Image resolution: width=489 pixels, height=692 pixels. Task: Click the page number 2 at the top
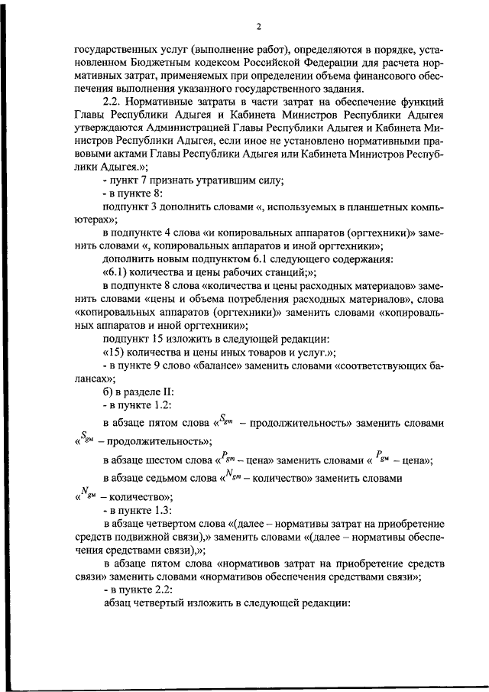pyautogui.click(x=259, y=28)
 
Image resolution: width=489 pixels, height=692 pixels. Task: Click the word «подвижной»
pyautogui.click(x=148, y=537)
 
